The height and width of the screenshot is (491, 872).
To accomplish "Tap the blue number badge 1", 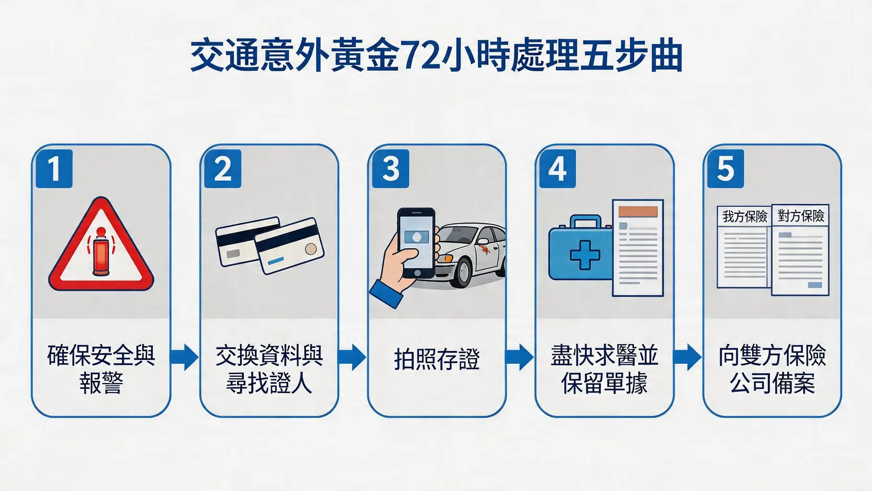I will tap(54, 169).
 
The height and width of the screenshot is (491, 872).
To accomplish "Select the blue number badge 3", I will tap(390, 169).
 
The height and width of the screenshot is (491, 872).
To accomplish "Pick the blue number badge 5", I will tap(725, 169).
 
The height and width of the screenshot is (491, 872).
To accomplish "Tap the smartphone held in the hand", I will tap(417, 242).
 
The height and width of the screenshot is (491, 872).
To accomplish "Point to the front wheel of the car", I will tap(461, 272).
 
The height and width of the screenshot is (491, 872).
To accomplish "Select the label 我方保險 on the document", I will tap(744, 216).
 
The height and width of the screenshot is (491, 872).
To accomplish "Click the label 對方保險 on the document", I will tap(801, 216).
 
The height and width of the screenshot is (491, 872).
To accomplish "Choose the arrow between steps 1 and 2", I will tap(184, 357).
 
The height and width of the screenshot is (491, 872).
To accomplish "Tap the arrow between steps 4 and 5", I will tap(687, 357).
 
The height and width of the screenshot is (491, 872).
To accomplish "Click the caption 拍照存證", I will tap(437, 359).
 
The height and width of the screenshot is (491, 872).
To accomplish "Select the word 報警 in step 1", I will tap(101, 384).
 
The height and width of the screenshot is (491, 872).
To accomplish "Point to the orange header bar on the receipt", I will tap(638, 212).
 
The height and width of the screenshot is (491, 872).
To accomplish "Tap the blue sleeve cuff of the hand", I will tap(386, 294).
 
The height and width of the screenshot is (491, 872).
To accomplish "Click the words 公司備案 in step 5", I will tap(772, 384).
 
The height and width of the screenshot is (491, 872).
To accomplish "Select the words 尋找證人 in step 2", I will tap(269, 384).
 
